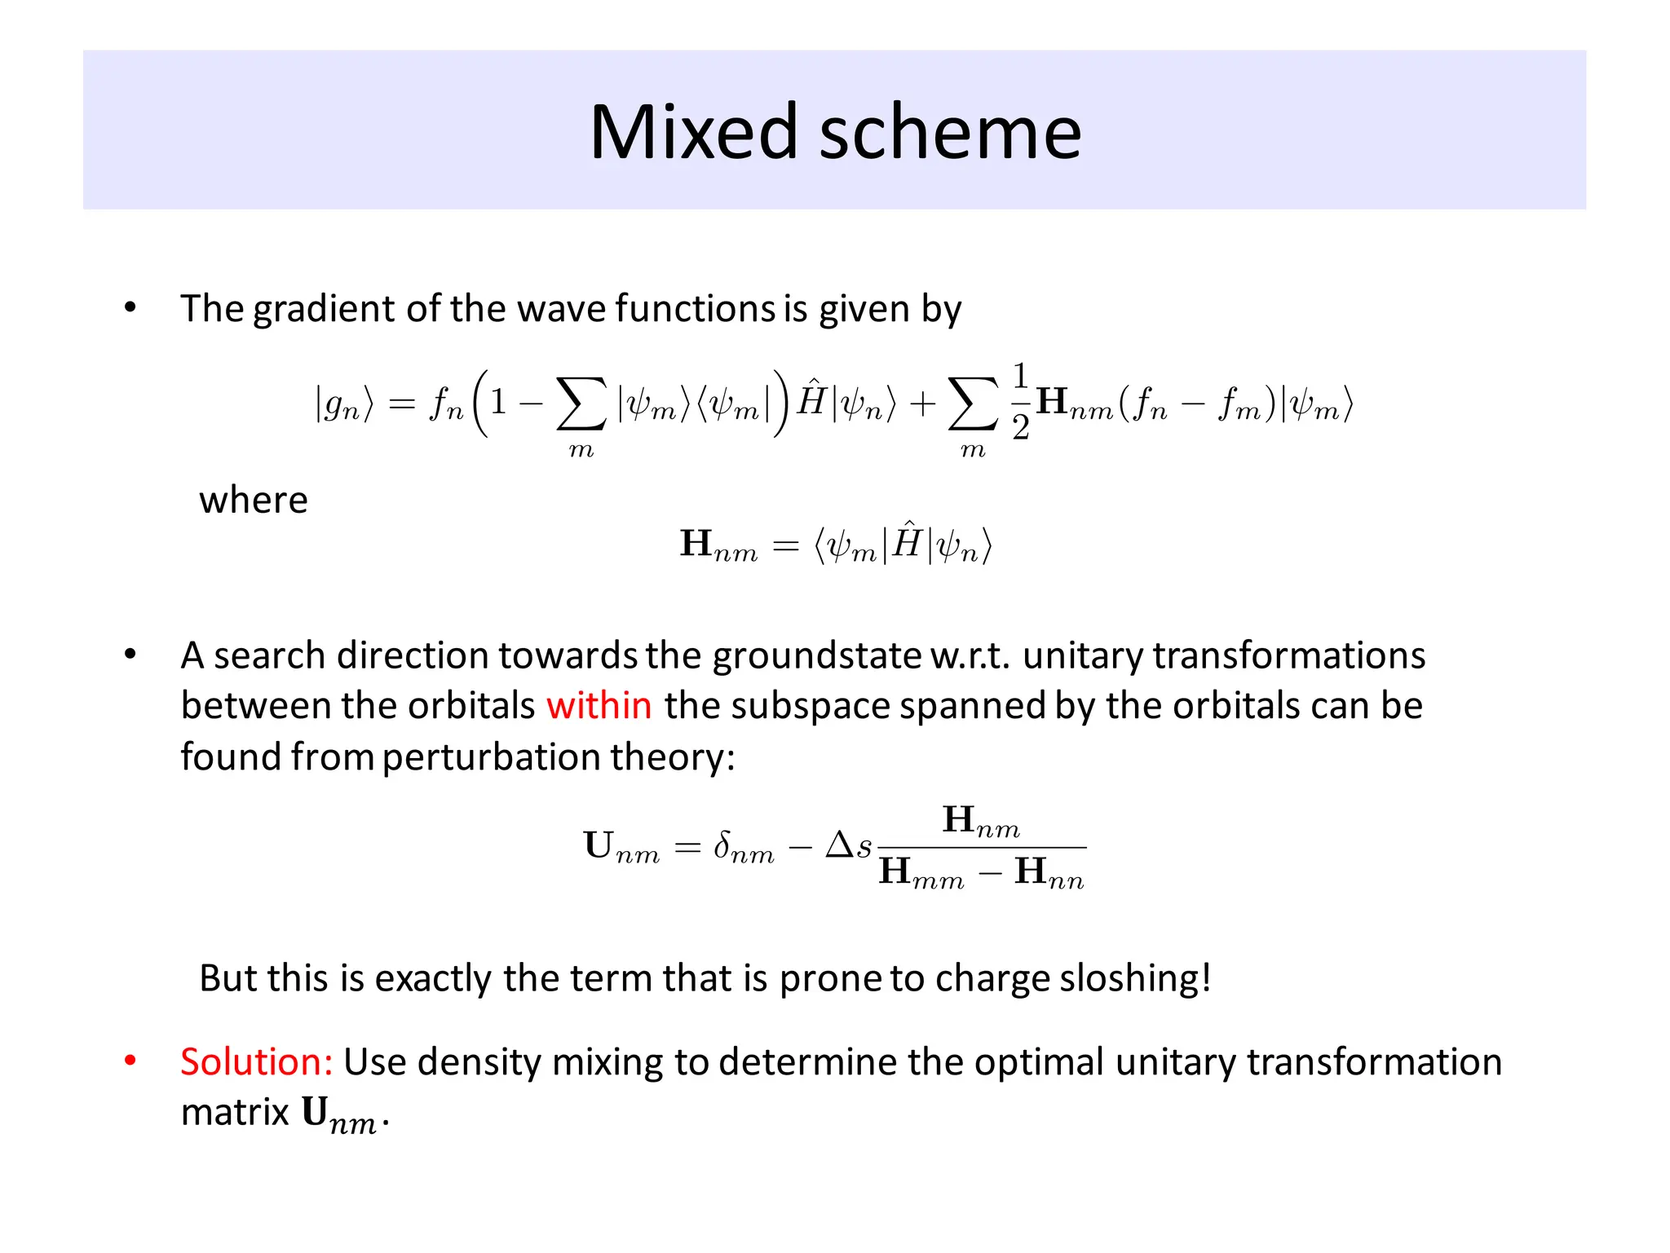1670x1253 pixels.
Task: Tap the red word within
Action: tap(599, 706)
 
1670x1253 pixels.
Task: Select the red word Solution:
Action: tap(256, 1062)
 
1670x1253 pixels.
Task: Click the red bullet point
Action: tap(130, 1061)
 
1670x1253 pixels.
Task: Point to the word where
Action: tap(254, 500)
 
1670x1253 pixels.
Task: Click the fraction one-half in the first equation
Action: tap(1020, 402)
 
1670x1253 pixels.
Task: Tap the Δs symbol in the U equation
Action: tap(848, 846)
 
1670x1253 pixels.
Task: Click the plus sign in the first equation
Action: tap(922, 404)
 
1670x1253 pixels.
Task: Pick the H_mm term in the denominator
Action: tap(921, 873)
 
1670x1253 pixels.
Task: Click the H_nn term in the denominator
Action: tap(1049, 873)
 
